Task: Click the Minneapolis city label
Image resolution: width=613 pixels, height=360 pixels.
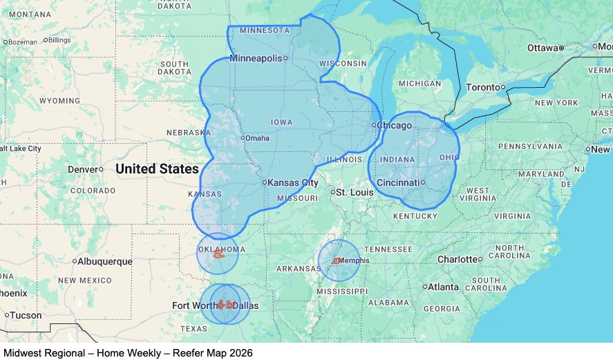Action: click(x=256, y=58)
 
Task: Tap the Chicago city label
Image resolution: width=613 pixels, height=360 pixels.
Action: click(x=395, y=125)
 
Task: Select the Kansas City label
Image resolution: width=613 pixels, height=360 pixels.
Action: click(x=293, y=183)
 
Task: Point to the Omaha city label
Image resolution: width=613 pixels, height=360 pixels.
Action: click(x=257, y=138)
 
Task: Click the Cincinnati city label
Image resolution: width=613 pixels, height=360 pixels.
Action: click(x=397, y=182)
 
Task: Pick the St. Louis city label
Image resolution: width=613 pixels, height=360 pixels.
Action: click(x=351, y=192)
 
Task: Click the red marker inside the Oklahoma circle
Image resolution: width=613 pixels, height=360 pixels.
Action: click(x=218, y=254)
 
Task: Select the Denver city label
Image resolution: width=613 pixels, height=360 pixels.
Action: click(x=83, y=169)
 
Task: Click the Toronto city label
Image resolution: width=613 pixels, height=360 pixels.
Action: click(x=482, y=87)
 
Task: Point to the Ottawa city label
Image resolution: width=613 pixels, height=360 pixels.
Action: click(x=543, y=48)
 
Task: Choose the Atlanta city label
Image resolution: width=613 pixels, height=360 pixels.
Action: click(x=443, y=287)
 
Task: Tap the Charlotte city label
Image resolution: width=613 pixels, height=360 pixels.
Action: click(x=458, y=259)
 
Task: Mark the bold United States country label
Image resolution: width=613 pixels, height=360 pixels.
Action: click(x=157, y=169)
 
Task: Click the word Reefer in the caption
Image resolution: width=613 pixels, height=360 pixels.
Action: click(x=179, y=353)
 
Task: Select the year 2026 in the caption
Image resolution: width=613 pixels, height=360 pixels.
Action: click(x=239, y=353)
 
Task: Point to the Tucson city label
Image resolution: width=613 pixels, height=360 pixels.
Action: click(x=26, y=315)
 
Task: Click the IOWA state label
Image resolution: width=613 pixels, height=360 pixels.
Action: click(x=281, y=122)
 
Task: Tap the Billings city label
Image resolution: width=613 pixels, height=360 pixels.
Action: click(x=59, y=40)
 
